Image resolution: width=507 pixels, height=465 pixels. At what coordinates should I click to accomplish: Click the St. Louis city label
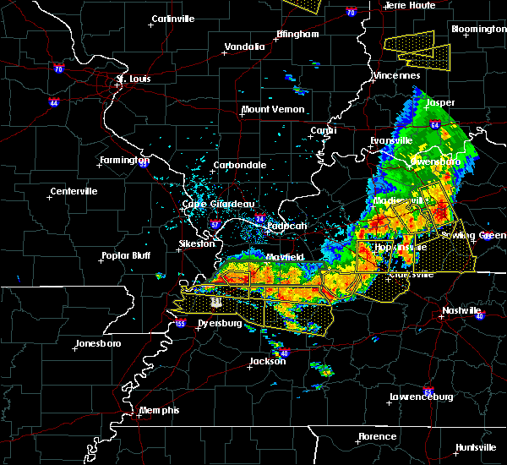133,79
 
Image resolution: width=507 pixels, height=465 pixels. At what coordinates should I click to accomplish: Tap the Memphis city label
160,410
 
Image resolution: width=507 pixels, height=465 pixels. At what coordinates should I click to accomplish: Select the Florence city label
376,437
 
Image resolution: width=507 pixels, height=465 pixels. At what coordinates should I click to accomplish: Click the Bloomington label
478,29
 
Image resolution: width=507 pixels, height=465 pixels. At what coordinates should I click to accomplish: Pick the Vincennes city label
396,75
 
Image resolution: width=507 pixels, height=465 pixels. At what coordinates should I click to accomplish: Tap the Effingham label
297,35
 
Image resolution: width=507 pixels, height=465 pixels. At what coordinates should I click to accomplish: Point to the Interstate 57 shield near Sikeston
215,225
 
